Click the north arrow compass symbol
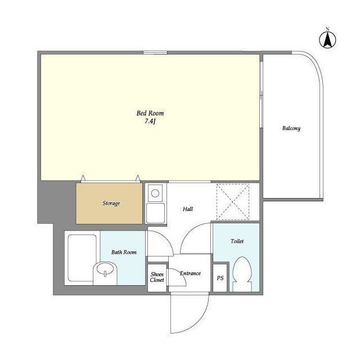pos(327,40)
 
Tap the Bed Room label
pos(150,113)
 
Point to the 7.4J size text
pos(150,121)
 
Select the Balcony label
pos(291,128)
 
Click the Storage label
pos(111,204)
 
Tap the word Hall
pos(188,209)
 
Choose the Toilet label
pos(237,241)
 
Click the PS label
pos(220,278)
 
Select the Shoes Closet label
pos(157,277)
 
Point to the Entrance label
pos(190,273)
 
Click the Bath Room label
pos(124,253)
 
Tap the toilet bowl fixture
pos(242,274)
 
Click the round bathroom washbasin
pos(105,269)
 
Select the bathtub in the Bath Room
pos(82,258)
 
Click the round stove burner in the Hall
pos(155,193)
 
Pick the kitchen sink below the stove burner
pos(155,213)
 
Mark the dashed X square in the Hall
pos(233,202)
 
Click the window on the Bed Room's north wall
pos(155,52)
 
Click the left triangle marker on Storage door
pos(83,178)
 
